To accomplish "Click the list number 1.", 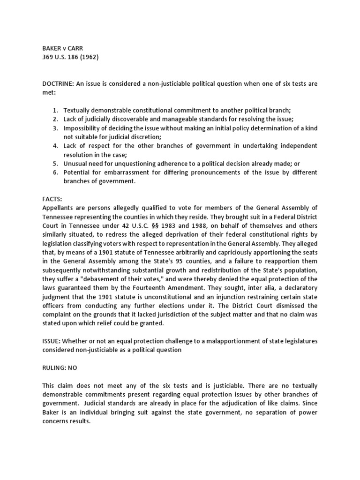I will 55,110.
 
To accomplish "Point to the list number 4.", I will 55,145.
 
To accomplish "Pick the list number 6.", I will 55,172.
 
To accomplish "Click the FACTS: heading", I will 52,199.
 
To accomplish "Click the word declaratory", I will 295,288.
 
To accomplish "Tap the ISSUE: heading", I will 51,341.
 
